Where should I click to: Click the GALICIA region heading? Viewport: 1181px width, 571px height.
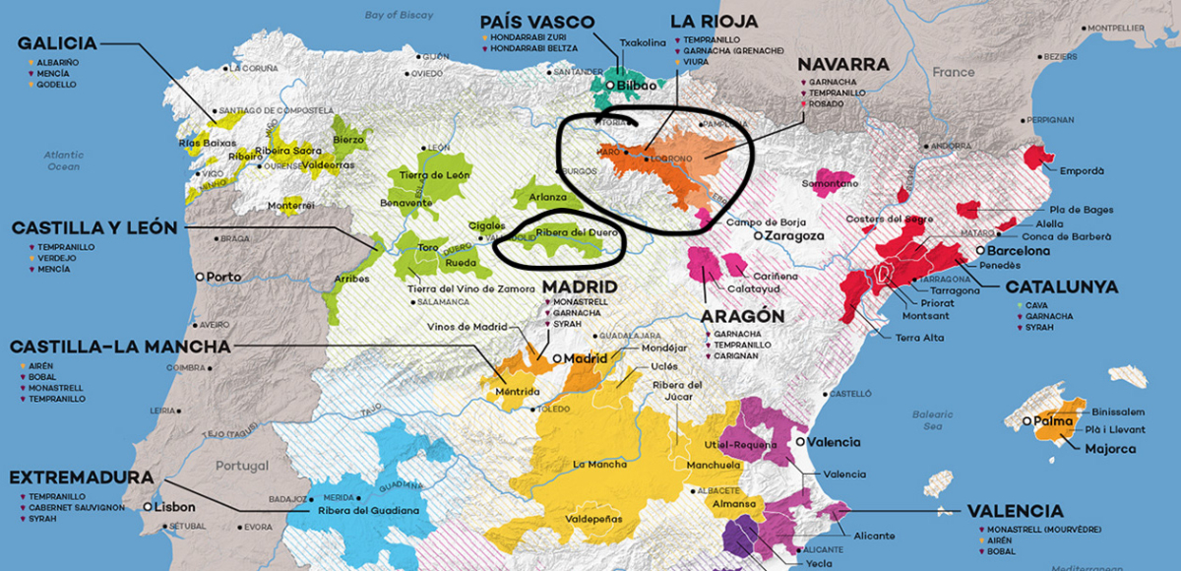tap(57, 43)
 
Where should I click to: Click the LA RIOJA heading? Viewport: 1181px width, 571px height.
tap(714, 21)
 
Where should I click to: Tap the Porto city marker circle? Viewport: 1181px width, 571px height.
tap(200, 277)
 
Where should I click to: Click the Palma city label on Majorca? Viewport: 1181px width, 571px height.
tap(1053, 421)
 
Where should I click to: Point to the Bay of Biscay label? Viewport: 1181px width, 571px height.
tap(400, 15)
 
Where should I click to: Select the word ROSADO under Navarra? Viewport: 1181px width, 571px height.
tap(828, 103)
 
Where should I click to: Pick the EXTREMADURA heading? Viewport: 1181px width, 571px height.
tap(81, 477)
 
